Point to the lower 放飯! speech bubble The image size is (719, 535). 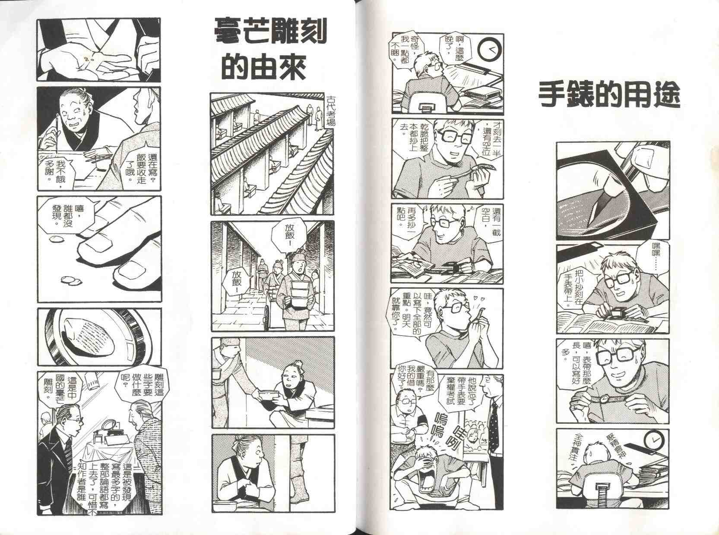tap(238, 282)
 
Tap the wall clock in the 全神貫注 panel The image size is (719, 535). tap(655, 441)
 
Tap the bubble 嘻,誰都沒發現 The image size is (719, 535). tap(67, 214)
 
